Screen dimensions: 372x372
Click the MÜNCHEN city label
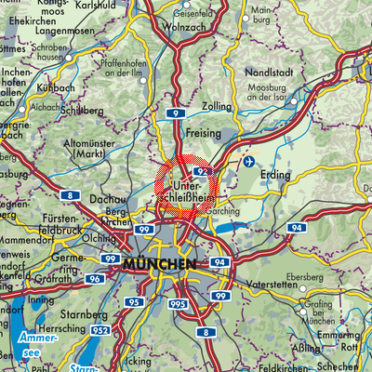click(x=158, y=264)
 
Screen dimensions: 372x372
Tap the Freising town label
click(x=204, y=133)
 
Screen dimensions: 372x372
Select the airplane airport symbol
click(x=248, y=162)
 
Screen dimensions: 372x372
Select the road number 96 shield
click(x=95, y=278)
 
